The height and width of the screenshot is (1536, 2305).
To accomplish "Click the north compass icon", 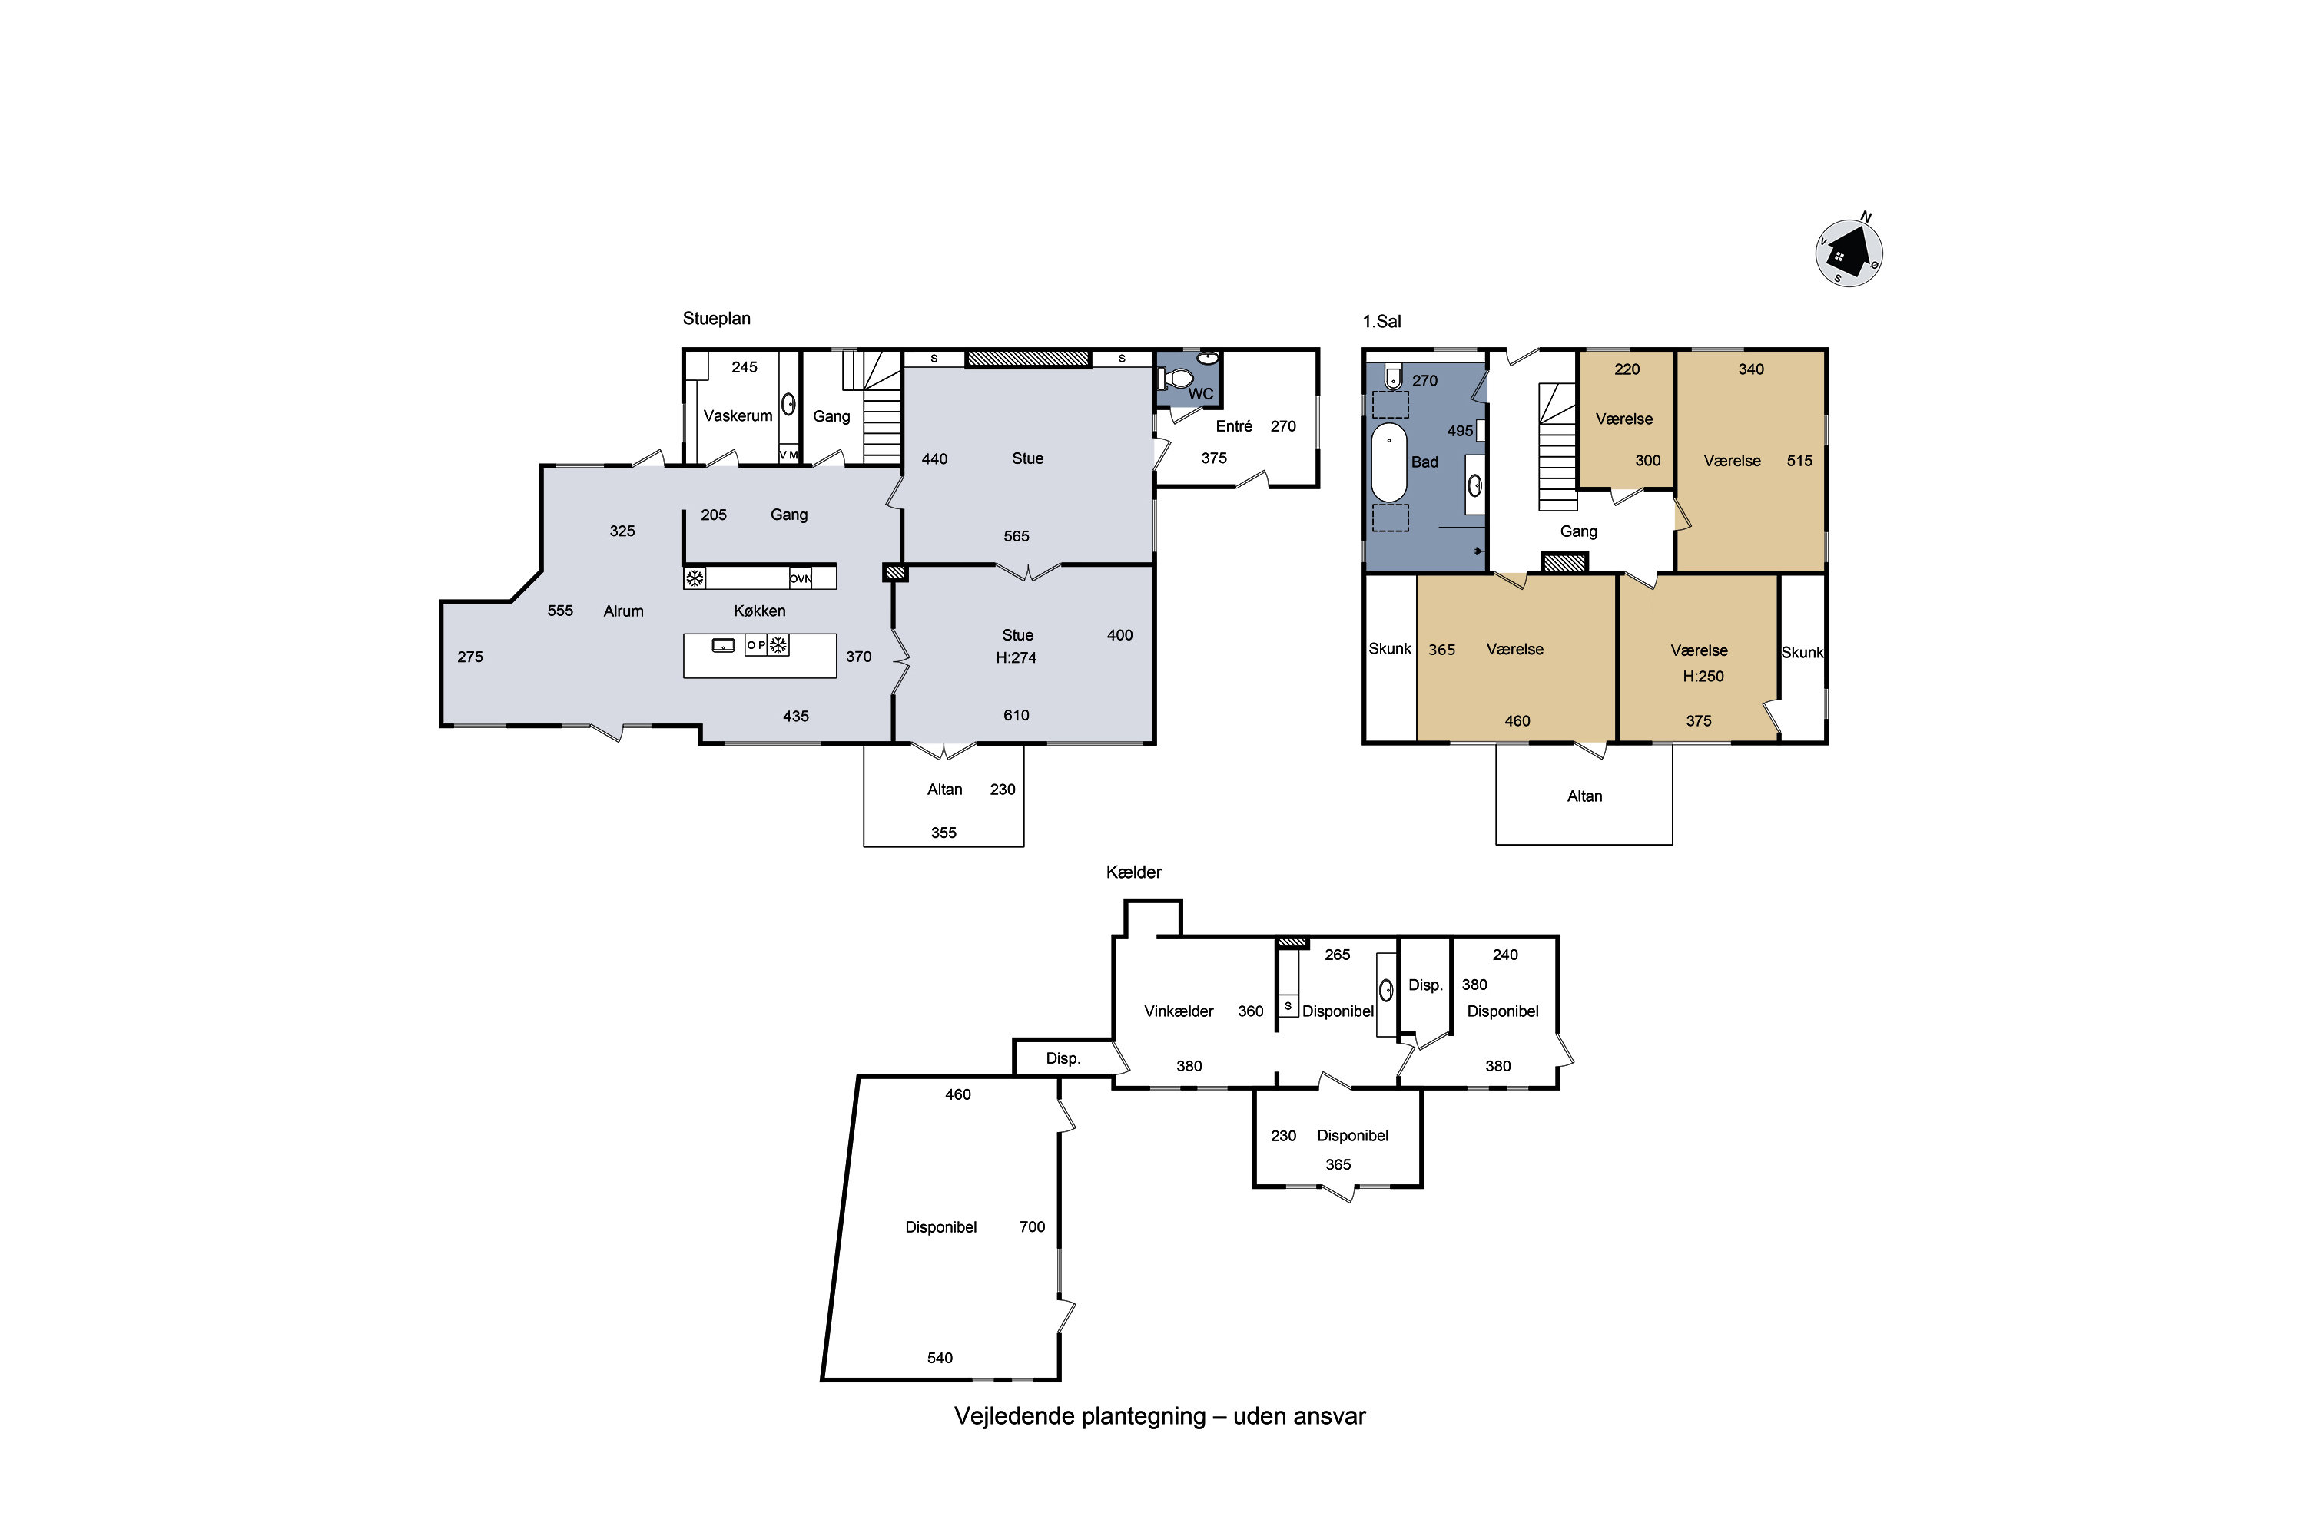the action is click(x=1849, y=252).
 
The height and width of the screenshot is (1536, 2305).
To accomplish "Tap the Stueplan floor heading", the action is click(x=716, y=319).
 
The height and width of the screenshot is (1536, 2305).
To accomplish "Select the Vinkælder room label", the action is click(x=1179, y=1011).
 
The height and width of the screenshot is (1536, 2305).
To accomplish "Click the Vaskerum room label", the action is click(x=738, y=415).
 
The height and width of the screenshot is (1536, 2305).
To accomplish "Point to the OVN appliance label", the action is click(x=801, y=579).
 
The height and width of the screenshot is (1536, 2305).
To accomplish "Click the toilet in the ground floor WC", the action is click(x=1176, y=378).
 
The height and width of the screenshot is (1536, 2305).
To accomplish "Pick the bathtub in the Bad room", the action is click(x=1388, y=462).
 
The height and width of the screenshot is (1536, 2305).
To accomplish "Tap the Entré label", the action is click(x=1234, y=426).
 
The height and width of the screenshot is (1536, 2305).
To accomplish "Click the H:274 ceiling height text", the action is click(x=1017, y=657).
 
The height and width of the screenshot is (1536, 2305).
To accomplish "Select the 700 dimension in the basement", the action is click(x=1032, y=1226).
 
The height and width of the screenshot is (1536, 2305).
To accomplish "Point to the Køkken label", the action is click(x=760, y=611).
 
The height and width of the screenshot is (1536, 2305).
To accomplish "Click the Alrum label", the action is click(x=623, y=611).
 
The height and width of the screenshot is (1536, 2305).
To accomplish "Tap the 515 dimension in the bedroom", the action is click(x=1799, y=460).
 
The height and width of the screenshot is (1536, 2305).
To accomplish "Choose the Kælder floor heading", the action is click(x=1134, y=872).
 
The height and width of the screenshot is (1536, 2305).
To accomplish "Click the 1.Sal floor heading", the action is click(x=1381, y=321).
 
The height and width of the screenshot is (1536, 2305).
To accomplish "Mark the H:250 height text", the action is click(x=1703, y=676).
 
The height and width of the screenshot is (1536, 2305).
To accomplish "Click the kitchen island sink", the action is click(x=723, y=644).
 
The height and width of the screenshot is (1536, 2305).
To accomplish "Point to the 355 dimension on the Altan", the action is click(x=944, y=833).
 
